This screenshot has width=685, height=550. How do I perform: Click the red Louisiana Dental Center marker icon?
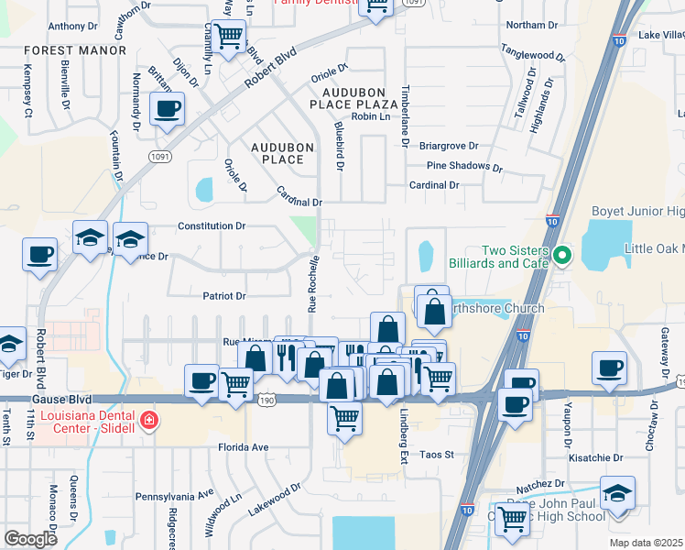pos(149,422)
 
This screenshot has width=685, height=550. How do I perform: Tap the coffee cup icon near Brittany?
pos(167,110)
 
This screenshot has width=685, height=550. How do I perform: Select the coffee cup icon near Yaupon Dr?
pos(609,368)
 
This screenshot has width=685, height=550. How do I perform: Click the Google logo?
pos(31,538)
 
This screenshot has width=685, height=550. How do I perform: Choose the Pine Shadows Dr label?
pos(465,167)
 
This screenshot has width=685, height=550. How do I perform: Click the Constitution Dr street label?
pos(212,225)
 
